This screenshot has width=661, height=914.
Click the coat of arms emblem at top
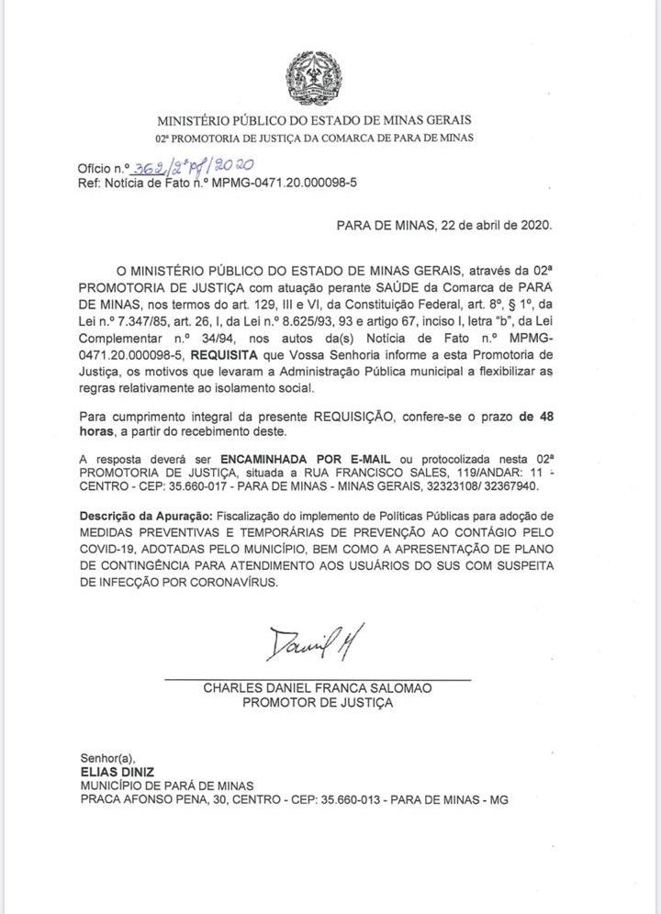(313, 79)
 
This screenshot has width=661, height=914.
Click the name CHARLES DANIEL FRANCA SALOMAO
(317, 687)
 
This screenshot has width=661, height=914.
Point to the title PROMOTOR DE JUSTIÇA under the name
(317, 702)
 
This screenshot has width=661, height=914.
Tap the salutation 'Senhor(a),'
(107, 758)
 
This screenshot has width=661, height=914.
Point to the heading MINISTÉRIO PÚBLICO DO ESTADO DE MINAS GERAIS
(315, 120)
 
